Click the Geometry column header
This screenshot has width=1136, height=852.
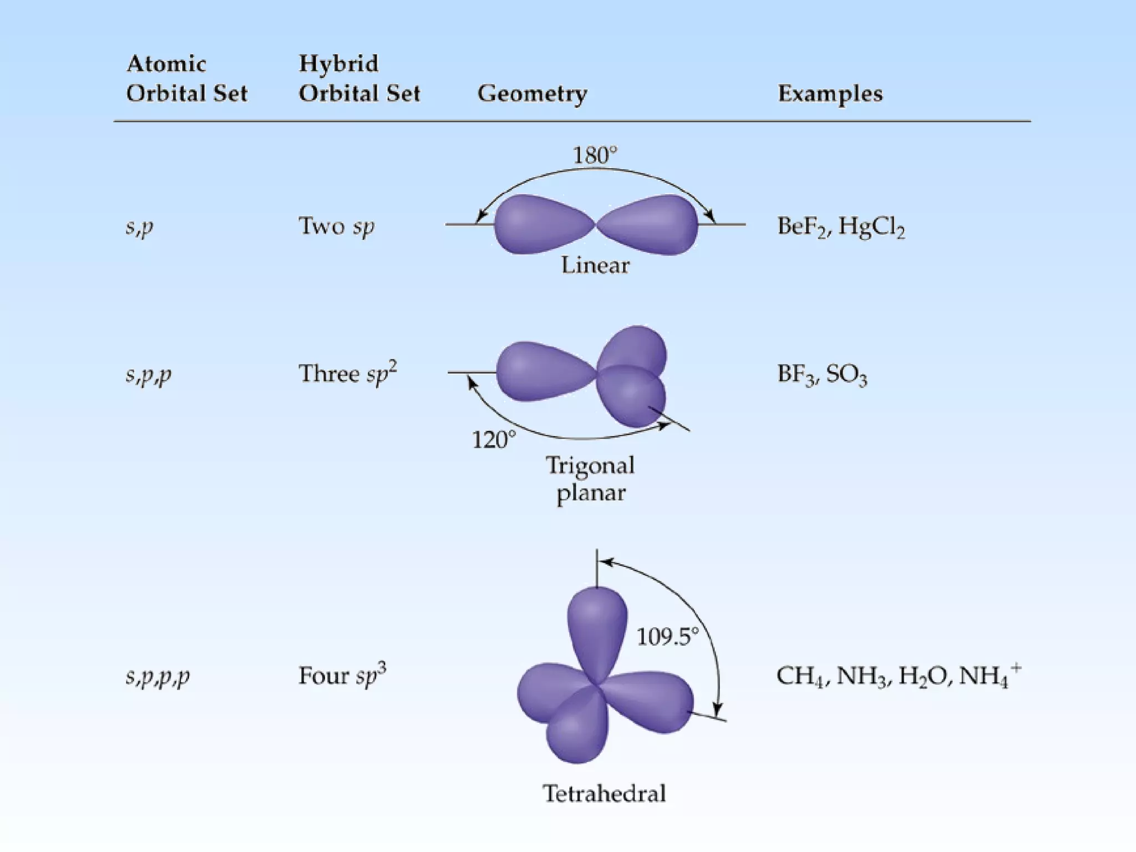[532, 94]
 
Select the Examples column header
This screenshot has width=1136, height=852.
[830, 94]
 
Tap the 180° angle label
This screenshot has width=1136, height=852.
[595, 155]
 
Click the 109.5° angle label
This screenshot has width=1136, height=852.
[667, 637]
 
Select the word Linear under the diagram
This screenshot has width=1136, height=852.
[595, 265]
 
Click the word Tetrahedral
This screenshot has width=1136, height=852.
[604, 793]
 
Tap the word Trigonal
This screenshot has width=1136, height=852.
[590, 465]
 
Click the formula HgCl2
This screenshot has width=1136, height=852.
[871, 226]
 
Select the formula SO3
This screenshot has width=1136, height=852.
[846, 374]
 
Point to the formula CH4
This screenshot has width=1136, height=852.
[800, 676]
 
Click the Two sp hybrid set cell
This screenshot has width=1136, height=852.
[336, 226]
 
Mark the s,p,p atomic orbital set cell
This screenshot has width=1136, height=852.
[148, 375]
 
